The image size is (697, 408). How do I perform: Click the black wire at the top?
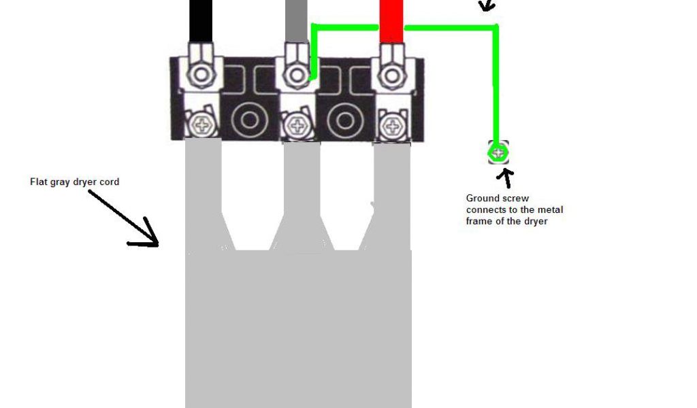pos(200,20)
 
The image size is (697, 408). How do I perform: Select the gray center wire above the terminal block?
pos(295,20)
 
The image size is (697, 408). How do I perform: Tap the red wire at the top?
pos(391,20)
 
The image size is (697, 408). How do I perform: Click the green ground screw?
pos(498,152)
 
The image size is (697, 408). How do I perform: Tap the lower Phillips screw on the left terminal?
pos(202,124)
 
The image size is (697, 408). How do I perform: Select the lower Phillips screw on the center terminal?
pos(297,124)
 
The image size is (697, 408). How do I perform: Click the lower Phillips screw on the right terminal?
pos(392,124)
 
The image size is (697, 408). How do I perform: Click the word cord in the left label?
pos(109,182)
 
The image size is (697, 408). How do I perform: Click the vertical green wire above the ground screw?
pos(496,88)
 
